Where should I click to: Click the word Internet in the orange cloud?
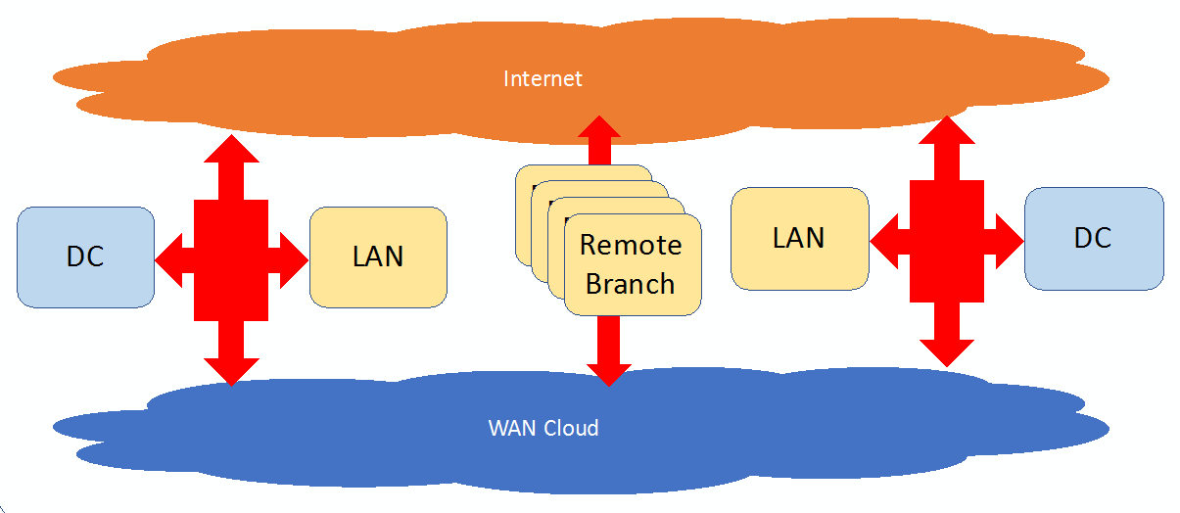(x=543, y=78)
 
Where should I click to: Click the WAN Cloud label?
(x=543, y=428)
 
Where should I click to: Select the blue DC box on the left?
(x=85, y=256)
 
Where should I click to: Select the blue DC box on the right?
(x=1093, y=238)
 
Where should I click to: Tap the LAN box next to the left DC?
(x=378, y=256)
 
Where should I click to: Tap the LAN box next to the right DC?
(x=799, y=238)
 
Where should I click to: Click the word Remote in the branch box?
(x=631, y=244)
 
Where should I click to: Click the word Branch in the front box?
(x=631, y=284)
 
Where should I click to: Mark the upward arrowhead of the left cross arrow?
(x=231, y=152)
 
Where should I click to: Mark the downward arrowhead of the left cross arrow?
(x=231, y=369)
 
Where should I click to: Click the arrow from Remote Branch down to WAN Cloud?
(x=608, y=352)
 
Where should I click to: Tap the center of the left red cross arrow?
(x=231, y=259)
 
